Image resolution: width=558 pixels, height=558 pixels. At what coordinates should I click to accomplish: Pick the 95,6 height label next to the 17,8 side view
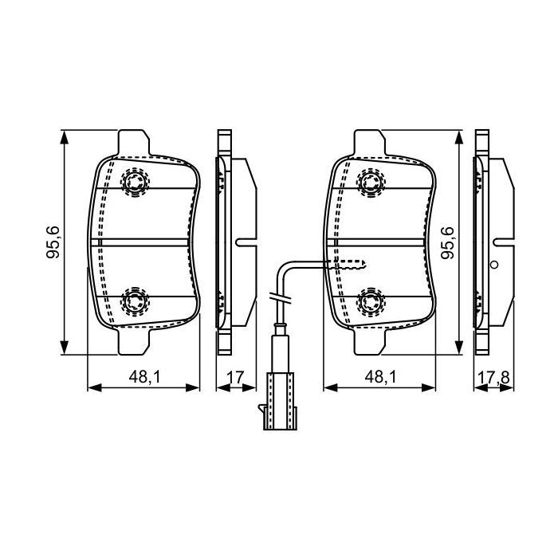448,242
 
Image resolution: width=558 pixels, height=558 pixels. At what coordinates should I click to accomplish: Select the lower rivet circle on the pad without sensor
134,301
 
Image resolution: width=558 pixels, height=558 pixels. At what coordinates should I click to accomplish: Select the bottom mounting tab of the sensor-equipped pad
370,341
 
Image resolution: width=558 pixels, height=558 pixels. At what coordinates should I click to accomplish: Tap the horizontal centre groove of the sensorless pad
142,242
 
